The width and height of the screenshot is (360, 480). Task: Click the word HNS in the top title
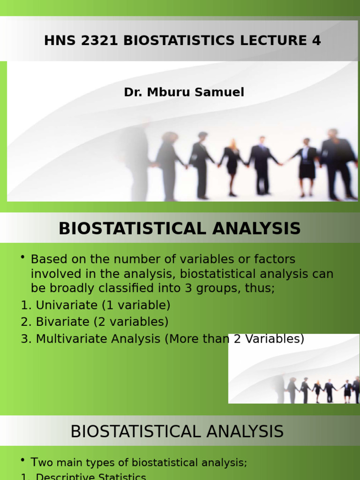[57, 41]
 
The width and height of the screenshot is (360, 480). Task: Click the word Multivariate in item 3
[69, 338]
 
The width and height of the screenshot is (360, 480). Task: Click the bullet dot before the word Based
[23, 258]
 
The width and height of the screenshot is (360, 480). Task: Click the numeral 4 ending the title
[316, 41]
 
